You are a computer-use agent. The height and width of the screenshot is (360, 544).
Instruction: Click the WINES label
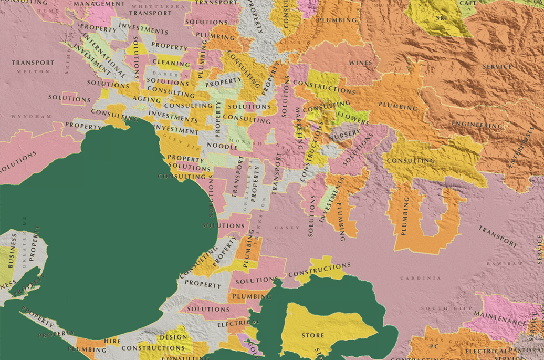click(360, 63)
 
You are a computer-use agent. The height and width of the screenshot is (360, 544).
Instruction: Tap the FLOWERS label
click(353, 117)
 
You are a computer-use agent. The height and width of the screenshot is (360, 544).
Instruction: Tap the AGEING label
click(147, 100)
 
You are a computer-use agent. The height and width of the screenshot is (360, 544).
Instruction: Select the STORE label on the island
click(312, 335)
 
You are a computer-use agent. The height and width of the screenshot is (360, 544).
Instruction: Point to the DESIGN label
click(173, 337)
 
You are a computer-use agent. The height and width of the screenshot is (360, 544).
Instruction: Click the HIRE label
click(112, 341)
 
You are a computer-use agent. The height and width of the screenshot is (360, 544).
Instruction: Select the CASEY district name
click(290, 228)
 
